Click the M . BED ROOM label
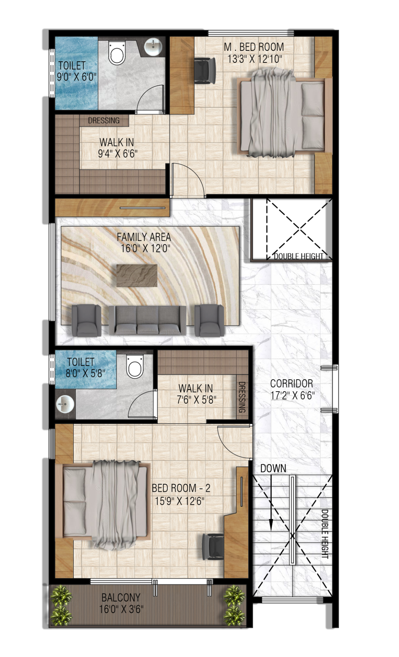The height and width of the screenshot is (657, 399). point(254,47)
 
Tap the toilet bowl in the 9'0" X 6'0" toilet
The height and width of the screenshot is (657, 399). point(117,53)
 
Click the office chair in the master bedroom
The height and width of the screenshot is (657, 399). point(204,71)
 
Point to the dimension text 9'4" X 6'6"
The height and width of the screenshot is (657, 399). point(118,154)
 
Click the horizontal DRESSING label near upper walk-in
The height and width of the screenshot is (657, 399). point(104,121)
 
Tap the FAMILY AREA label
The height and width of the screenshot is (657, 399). point(144,237)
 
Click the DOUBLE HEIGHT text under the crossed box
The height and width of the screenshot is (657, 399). point(299,256)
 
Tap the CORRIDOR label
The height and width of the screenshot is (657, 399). point(291,384)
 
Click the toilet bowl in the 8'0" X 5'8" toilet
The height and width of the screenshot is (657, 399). point(134,367)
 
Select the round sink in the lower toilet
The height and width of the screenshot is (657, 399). point(65,404)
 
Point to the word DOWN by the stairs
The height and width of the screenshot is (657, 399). point(273,469)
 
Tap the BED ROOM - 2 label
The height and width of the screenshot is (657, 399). point(181,488)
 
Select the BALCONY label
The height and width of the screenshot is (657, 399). point(121,597)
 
